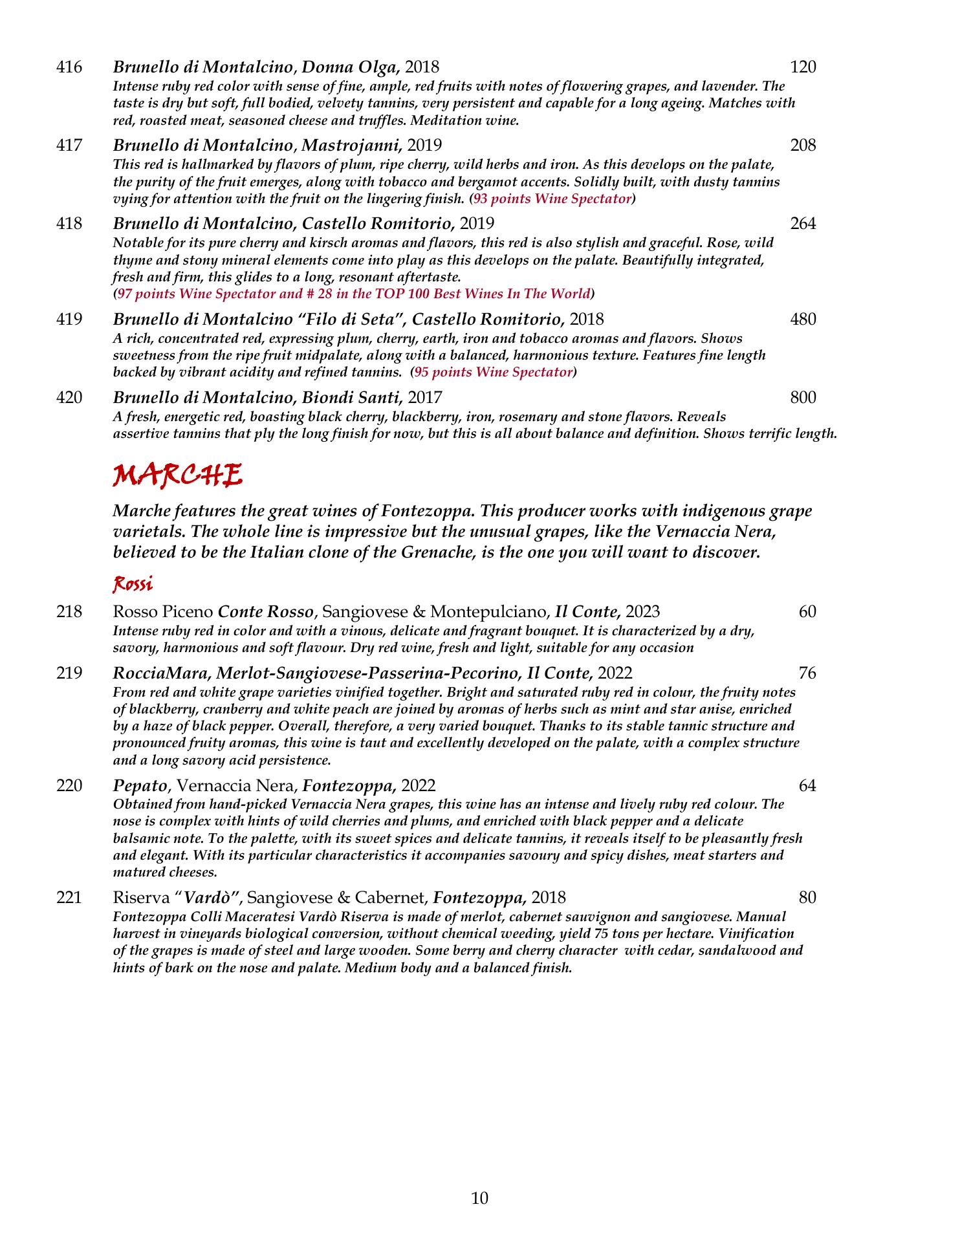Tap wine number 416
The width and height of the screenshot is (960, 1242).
tap(69, 67)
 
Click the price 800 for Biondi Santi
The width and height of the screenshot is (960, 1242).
tap(803, 397)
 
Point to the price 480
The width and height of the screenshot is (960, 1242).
tap(803, 319)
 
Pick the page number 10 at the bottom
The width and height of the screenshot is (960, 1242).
tap(479, 1199)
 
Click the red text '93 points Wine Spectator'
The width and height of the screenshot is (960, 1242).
tap(552, 199)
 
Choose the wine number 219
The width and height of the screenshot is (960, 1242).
tap(69, 673)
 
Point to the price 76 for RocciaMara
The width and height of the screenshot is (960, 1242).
tap(807, 673)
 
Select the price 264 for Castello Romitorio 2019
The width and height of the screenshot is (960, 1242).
tap(803, 223)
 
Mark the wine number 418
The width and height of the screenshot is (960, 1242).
tap(69, 223)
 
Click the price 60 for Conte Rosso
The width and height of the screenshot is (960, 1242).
tap(807, 611)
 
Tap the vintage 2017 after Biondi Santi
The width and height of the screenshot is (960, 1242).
tap(425, 397)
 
